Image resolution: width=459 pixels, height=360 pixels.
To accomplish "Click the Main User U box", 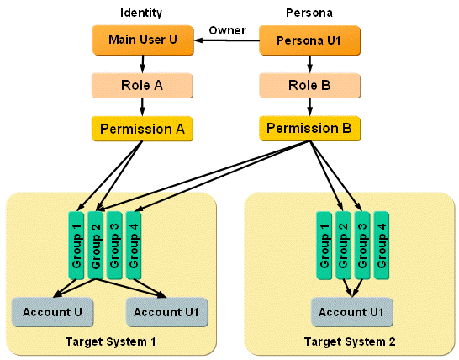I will (142, 40).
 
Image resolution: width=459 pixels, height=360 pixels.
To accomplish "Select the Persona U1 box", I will (310, 40).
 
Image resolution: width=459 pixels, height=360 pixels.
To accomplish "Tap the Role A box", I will (142, 85).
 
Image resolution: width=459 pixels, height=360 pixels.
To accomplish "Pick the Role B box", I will (310, 85).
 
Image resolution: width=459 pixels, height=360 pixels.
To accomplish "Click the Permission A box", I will (142, 129).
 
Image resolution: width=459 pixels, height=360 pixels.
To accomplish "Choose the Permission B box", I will (309, 129).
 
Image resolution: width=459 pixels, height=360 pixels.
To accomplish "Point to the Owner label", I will (227, 31).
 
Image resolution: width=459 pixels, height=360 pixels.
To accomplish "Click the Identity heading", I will (141, 13).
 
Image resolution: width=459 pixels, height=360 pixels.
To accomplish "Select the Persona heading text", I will (310, 13).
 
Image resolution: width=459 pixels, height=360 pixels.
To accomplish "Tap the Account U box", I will (52, 311).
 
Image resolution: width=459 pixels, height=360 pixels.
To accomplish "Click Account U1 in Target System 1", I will (167, 311).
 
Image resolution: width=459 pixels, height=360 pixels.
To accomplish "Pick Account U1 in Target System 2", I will (351, 311).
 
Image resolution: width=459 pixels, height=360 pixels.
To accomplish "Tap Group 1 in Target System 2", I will (324, 245).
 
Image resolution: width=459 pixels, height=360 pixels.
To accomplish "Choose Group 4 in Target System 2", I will (382, 245).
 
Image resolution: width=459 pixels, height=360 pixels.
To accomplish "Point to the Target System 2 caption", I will (351, 341).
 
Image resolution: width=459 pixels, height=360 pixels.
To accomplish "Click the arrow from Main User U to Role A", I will (142, 62).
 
